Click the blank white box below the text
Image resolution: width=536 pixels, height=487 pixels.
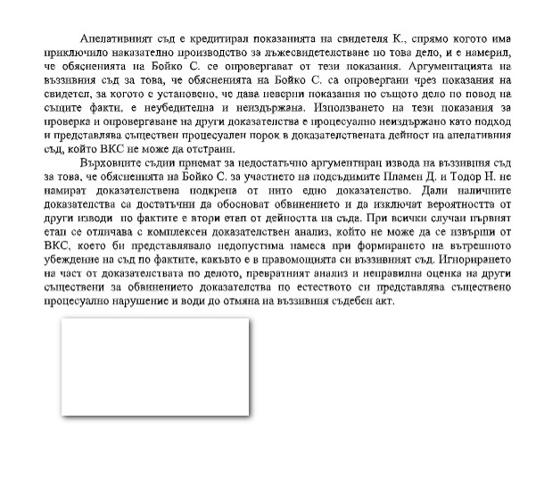point(153,368)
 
